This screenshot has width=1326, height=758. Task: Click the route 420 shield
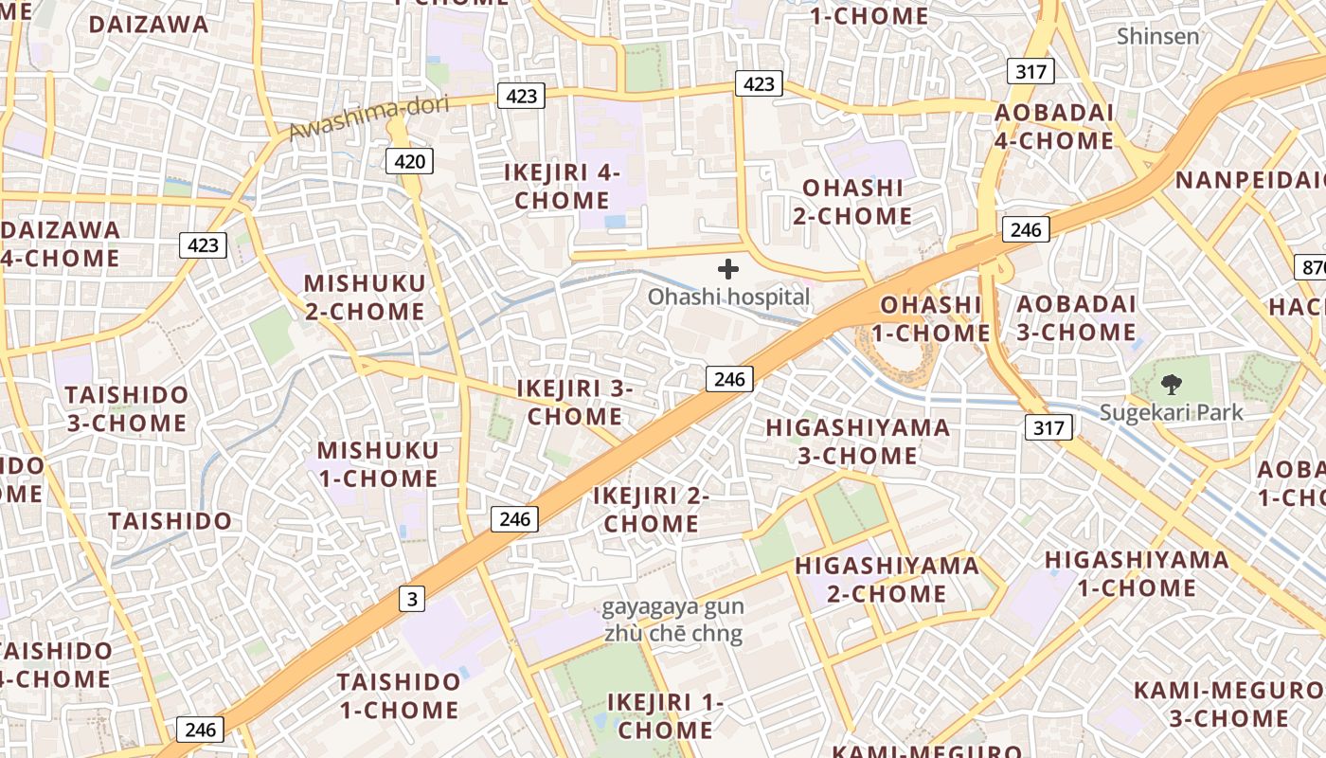(x=409, y=162)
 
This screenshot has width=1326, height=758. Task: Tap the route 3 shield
(x=411, y=599)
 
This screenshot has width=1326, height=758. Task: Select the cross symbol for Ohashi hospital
(x=727, y=269)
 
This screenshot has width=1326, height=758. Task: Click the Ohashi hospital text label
(x=728, y=297)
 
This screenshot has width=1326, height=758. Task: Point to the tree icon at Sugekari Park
(x=1172, y=385)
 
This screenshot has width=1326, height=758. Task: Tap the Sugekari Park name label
(x=1171, y=412)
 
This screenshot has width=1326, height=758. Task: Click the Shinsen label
(x=1157, y=36)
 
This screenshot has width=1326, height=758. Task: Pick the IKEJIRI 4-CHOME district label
(x=562, y=187)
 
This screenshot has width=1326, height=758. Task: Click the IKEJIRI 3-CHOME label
(x=575, y=403)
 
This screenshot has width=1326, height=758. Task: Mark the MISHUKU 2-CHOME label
(x=364, y=297)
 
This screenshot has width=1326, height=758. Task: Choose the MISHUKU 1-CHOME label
(x=378, y=464)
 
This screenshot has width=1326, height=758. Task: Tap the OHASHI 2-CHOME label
(x=852, y=202)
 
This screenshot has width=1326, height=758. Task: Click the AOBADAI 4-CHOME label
(x=1053, y=127)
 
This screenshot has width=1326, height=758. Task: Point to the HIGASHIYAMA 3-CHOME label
(x=857, y=442)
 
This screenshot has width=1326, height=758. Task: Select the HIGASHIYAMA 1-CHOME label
(x=1137, y=573)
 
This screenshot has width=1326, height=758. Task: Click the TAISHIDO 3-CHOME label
(x=126, y=408)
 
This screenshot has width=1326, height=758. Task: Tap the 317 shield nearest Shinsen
(x=1030, y=71)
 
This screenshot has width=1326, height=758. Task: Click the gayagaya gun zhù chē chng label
(x=672, y=621)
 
